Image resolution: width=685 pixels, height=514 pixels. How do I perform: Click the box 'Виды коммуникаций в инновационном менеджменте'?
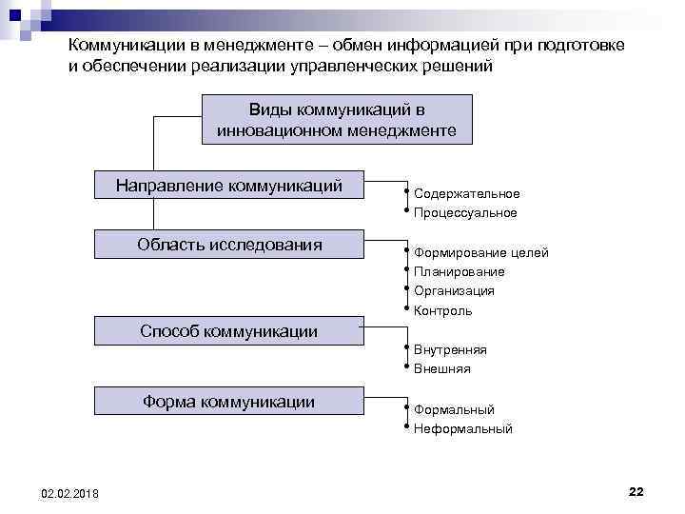(337, 119)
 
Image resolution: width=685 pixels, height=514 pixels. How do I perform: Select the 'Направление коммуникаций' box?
(229, 186)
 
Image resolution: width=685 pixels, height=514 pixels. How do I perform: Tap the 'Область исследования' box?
(229, 245)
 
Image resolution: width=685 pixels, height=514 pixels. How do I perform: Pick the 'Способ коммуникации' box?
(229, 330)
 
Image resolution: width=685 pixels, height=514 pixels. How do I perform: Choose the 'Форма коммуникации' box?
(229, 401)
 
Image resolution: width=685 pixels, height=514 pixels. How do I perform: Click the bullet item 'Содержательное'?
(466, 193)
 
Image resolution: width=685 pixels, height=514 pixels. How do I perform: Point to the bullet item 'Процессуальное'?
(465, 213)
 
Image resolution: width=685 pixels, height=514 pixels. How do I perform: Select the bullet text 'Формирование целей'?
(480, 252)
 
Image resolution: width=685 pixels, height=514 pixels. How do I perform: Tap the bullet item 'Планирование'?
(459, 272)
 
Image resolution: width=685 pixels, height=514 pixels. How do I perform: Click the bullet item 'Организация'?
(454, 291)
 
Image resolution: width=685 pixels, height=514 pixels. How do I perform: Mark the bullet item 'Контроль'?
(442, 311)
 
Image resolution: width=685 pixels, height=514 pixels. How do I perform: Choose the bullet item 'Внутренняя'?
(450, 349)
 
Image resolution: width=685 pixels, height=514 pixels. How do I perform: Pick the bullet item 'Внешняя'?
(441, 369)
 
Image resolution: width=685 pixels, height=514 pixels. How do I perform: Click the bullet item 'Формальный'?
(454, 409)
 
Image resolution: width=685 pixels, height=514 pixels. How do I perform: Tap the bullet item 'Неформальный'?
(462, 429)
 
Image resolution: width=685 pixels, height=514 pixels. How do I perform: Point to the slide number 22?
(636, 490)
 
